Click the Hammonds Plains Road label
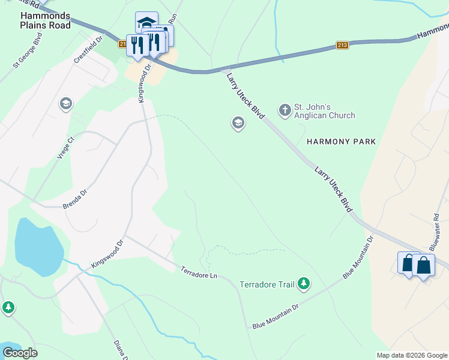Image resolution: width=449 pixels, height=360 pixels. [x=45, y=20]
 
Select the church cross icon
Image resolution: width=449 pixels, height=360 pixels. [x=285, y=110]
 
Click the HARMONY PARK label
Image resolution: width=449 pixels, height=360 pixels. [x=341, y=142]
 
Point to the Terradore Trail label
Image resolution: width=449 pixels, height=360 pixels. [x=267, y=284]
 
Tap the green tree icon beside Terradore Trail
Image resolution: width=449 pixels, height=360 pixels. [x=304, y=283]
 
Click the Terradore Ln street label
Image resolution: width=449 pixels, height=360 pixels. [x=198, y=272]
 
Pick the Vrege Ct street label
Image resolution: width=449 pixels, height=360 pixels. [x=65, y=148]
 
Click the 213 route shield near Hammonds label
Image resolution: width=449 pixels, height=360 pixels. [x=342, y=45]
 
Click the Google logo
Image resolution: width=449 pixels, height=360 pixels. [x=20, y=352]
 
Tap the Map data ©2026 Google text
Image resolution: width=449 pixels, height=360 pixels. [x=411, y=355]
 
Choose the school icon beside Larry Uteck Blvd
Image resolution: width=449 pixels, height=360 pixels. [x=238, y=124]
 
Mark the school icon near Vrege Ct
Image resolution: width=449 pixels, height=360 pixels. [x=65, y=104]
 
